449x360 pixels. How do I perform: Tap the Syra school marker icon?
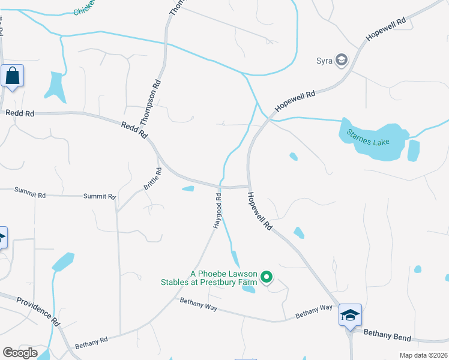click(342, 59)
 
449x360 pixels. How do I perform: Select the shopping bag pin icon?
click(12, 76)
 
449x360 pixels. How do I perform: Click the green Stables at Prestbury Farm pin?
click(267, 277)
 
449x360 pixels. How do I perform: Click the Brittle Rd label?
click(153, 179)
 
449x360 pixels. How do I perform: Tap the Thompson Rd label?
click(151, 103)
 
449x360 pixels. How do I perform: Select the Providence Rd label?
click(38, 311)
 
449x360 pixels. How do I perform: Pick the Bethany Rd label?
click(91, 343)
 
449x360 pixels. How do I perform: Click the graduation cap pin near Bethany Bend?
click(350, 314)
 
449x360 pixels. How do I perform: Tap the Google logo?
click(20, 353)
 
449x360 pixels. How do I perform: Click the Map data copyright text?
click(423, 355)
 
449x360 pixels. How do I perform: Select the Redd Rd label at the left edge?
click(17, 112)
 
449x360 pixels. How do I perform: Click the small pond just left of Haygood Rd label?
click(188, 190)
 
